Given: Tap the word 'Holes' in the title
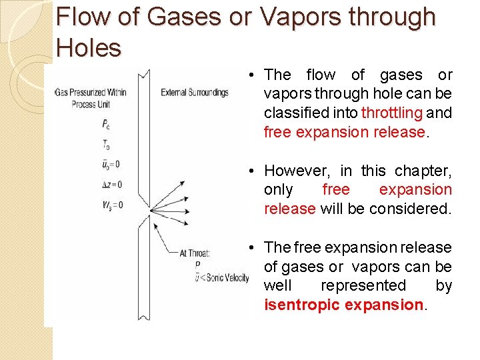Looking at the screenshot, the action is click(x=89, y=47).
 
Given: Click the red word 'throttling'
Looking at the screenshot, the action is click(x=392, y=113).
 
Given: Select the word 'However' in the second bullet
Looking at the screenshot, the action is click(x=299, y=171).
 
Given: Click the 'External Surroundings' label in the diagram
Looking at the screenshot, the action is click(x=195, y=92).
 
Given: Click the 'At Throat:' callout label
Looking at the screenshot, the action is click(x=195, y=253).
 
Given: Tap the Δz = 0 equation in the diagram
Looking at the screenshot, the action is click(x=112, y=184).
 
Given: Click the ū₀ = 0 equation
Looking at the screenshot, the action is click(x=111, y=164).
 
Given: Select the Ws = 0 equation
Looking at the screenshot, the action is click(x=112, y=205).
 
